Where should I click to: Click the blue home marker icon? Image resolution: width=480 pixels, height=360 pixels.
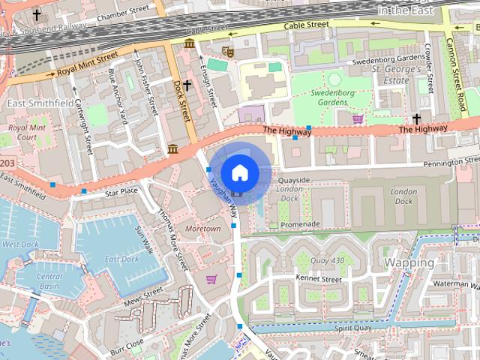[239, 172]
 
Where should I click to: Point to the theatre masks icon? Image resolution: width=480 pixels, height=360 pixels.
[228, 52]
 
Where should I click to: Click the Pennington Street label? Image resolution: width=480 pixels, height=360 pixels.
[439, 161]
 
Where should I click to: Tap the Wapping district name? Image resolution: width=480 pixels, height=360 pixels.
[409, 262]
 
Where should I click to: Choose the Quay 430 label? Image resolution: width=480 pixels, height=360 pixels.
[326, 260]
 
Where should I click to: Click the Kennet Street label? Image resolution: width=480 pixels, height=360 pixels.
[318, 279]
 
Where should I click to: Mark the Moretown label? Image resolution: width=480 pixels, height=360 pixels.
[202, 228]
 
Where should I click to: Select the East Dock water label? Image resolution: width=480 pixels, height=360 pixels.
[121, 259]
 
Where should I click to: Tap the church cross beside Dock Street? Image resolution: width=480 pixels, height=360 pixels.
[187, 85]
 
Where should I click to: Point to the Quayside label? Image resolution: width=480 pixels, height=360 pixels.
[293, 180]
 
